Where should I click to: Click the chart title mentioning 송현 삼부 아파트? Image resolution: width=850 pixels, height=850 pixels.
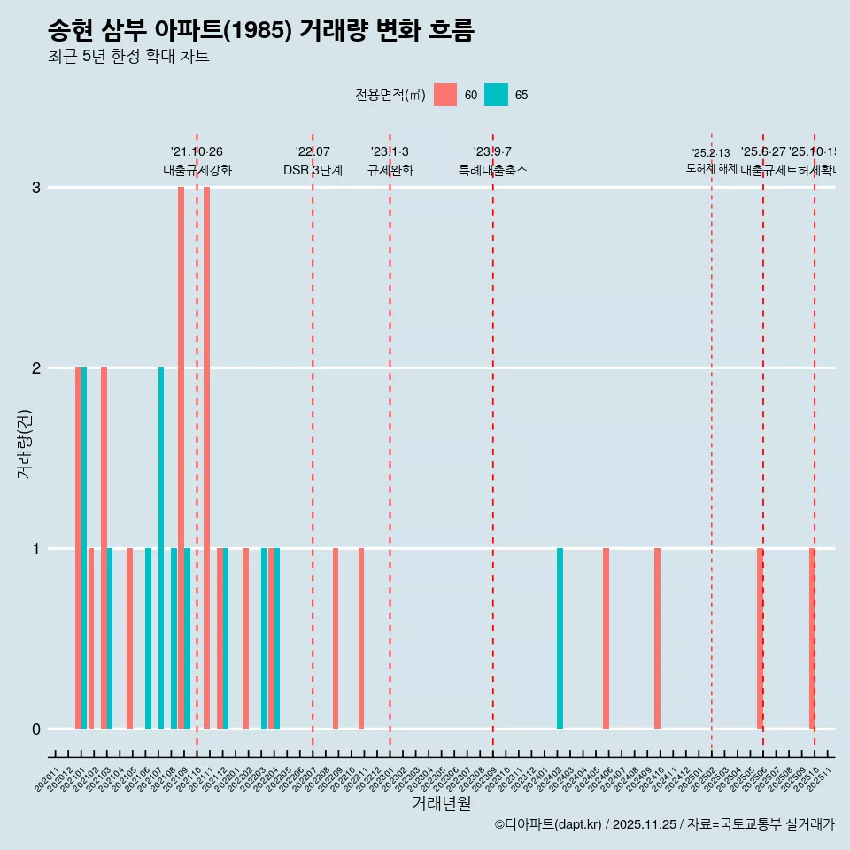(261, 30)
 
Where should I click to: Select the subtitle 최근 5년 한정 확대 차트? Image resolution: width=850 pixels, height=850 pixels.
(128, 58)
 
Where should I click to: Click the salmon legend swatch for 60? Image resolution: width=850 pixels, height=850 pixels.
(445, 95)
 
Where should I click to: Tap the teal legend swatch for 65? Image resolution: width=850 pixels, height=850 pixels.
(496, 95)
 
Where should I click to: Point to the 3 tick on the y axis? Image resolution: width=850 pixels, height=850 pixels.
(36, 188)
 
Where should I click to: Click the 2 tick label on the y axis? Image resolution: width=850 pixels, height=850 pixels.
(36, 368)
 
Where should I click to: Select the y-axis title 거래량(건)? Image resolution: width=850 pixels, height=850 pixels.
(24, 444)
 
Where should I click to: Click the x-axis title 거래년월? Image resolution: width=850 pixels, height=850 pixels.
(441, 803)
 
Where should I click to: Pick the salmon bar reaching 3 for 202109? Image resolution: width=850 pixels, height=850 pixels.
(181, 458)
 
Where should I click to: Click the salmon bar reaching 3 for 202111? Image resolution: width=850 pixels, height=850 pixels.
(206, 458)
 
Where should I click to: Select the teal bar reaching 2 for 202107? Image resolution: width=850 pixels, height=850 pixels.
(161, 548)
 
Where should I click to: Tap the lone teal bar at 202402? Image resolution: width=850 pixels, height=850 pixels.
(560, 638)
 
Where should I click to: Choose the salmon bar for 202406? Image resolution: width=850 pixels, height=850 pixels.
(606, 638)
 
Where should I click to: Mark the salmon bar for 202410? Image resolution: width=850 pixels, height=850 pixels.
(657, 638)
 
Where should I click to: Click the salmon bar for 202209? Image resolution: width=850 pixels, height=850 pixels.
(336, 638)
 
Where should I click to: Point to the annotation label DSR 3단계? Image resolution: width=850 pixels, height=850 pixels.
(313, 170)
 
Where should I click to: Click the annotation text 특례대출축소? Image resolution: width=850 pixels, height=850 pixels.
(492, 170)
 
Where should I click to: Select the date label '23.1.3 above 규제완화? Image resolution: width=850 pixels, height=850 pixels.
(390, 152)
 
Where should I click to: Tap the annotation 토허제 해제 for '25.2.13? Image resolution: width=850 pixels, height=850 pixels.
(711, 167)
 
